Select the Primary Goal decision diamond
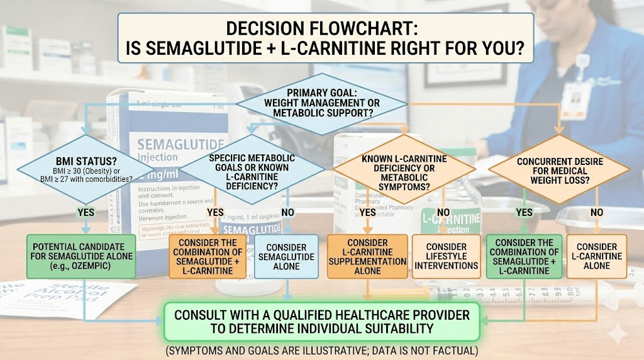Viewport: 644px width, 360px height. [321, 102]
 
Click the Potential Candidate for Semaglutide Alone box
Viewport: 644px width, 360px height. [82, 256]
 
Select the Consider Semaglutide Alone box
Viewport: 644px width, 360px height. [286, 257]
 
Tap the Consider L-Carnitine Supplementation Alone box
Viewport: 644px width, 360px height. [367, 257]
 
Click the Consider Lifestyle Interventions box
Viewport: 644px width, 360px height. [446, 257]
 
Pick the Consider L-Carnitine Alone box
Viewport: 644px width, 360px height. [596, 257]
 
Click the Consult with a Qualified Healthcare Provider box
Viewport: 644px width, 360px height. [321, 321]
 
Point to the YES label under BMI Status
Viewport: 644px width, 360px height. [86, 212]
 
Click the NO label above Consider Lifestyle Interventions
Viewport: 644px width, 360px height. [443, 213]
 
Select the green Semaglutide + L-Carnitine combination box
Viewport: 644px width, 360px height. [524, 257]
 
